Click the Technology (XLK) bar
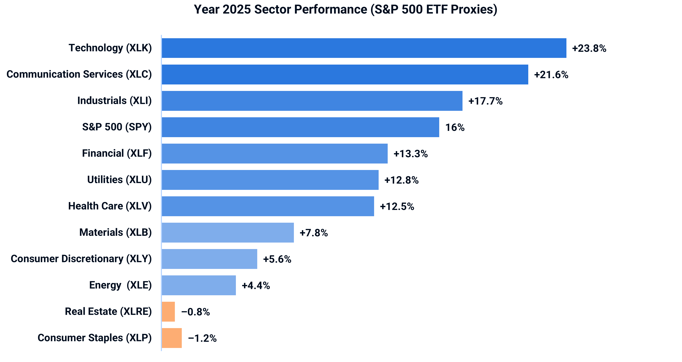[x=364, y=48]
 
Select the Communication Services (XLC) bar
[x=345, y=75]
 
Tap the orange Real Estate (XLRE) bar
[x=168, y=312]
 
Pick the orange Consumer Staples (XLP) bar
[x=172, y=338]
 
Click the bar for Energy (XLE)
[x=199, y=285]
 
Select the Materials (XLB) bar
[x=228, y=233]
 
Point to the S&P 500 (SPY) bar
[x=301, y=127]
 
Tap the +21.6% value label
[x=551, y=75]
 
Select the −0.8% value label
[x=196, y=312]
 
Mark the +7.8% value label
[x=314, y=233]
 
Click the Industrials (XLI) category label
[x=114, y=101]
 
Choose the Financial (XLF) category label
[x=117, y=153]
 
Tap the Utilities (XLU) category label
[x=119, y=180]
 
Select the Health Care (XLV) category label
[x=110, y=206]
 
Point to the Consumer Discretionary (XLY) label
[x=81, y=259]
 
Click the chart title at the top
[x=345, y=10]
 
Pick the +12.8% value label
[x=401, y=180]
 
